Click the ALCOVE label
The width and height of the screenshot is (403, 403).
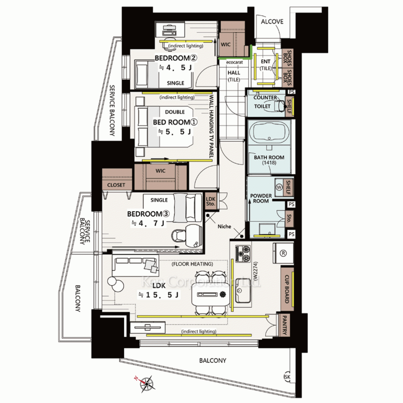tap(272, 22)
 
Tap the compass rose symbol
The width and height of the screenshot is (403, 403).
tap(146, 384)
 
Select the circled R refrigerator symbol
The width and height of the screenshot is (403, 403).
tap(283, 253)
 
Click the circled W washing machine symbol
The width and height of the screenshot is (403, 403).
tap(279, 187)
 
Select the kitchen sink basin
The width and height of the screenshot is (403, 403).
tap(243, 291)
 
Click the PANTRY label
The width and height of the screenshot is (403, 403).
tap(285, 325)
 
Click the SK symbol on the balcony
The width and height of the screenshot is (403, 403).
tap(287, 377)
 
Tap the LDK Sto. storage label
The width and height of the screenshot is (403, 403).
tap(211, 201)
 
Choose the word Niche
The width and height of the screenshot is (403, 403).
tap(224, 226)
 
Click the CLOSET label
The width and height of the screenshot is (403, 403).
tap(116, 185)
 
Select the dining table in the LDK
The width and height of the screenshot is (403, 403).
tap(210, 295)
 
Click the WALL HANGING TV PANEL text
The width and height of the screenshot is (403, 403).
tap(211, 127)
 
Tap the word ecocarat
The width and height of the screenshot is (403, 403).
tap(235, 62)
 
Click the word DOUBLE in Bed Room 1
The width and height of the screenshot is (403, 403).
tap(175, 112)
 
